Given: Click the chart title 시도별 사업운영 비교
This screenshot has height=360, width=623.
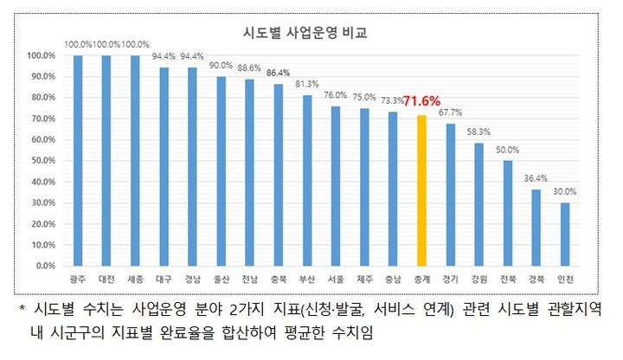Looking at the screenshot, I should (304, 35).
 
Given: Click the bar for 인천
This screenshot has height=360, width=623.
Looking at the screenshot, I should (565, 234).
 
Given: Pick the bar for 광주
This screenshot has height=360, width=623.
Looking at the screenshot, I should (78, 160).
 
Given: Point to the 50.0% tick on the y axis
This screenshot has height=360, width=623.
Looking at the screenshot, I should (42, 160).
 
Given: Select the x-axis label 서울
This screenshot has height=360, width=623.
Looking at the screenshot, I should (336, 280).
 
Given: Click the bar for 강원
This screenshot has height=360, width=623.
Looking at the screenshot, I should (479, 204).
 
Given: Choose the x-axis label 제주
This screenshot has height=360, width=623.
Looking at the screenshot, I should (364, 280).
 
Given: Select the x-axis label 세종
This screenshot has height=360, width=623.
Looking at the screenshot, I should (135, 280).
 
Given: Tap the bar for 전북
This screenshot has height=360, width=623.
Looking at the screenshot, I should (508, 213).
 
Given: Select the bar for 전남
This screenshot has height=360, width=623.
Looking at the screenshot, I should (250, 172).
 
